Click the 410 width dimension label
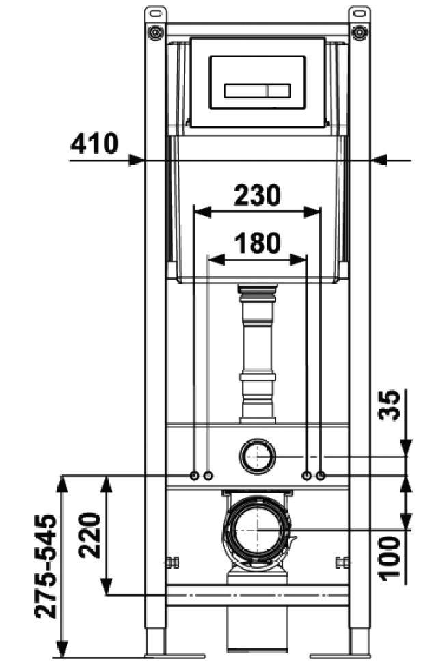[x=94, y=144]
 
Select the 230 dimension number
[x=257, y=195]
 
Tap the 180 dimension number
[x=257, y=243]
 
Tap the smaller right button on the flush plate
[x=278, y=90]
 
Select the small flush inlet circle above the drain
[x=257, y=454]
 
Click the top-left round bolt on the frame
[x=156, y=31]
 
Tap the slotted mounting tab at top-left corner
[x=156, y=12]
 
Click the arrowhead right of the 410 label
[x=379, y=160]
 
